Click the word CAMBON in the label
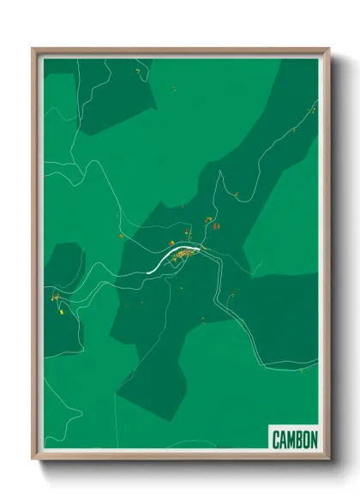(295, 440)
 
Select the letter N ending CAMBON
(314, 440)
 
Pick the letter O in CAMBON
(306, 440)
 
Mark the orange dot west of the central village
(122, 236)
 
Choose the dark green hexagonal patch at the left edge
(65, 266)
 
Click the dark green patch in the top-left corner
(111, 94)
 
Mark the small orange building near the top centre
(174, 89)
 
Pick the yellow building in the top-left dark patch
(135, 74)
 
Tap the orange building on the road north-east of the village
(236, 195)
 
